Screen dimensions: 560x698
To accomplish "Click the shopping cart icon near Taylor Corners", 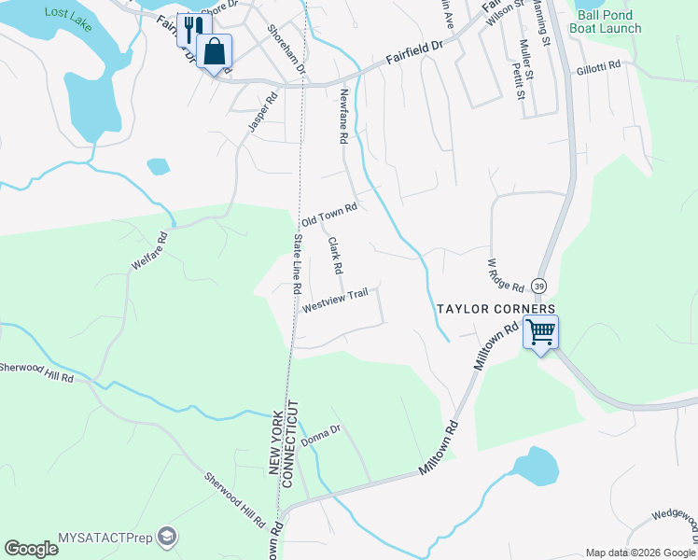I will pos(541,331).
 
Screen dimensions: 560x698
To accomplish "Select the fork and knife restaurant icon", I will pos(193,30).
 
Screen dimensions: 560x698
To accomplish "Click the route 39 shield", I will pos(539,285).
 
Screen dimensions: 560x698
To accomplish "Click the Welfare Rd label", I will pos(149,252).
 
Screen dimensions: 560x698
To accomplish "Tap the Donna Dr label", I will pos(321,436).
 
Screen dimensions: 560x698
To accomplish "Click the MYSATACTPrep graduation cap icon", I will pos(166,537).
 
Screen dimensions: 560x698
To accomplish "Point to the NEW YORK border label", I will pos(276,444).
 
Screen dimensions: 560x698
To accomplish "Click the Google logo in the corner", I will pos(31,549).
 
